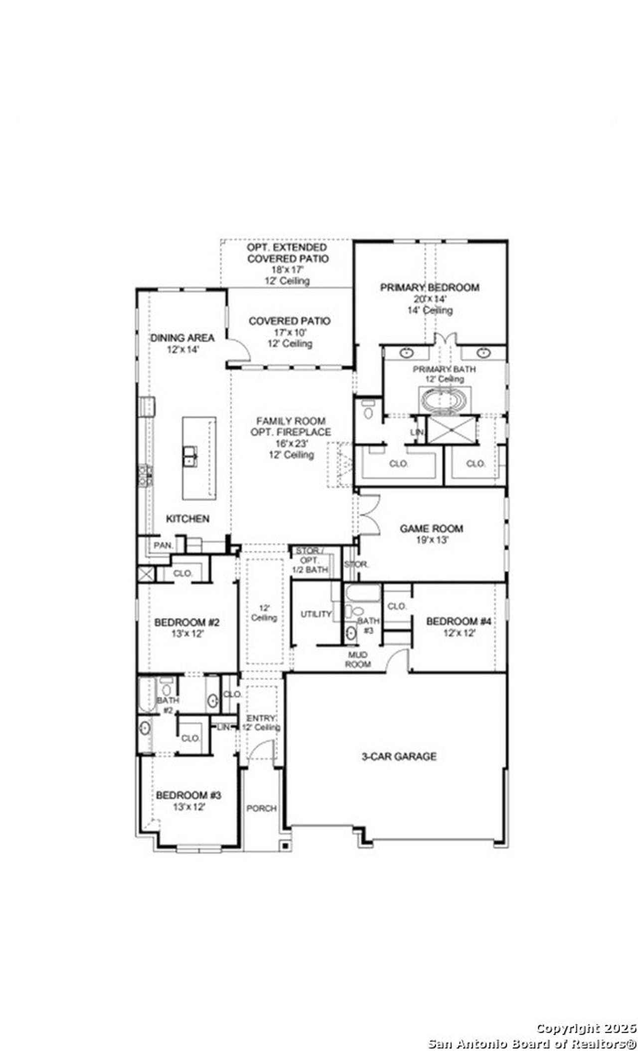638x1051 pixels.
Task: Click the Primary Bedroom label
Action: pos(430,287)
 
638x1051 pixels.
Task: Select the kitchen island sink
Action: pos(190,456)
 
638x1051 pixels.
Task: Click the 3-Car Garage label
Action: pos(399,756)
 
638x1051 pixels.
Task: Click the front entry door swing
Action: pos(262,750)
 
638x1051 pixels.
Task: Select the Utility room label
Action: pos(316,614)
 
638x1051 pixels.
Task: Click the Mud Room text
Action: pos(359,659)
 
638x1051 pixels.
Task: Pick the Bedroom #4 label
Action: pos(459,622)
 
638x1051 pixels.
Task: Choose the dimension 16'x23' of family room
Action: pos(290,443)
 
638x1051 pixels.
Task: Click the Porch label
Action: pos(261,808)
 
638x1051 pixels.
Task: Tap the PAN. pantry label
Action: pos(162,546)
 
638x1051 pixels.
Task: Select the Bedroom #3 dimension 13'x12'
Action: pos(188,807)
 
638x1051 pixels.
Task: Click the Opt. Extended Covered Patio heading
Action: pos(288,253)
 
